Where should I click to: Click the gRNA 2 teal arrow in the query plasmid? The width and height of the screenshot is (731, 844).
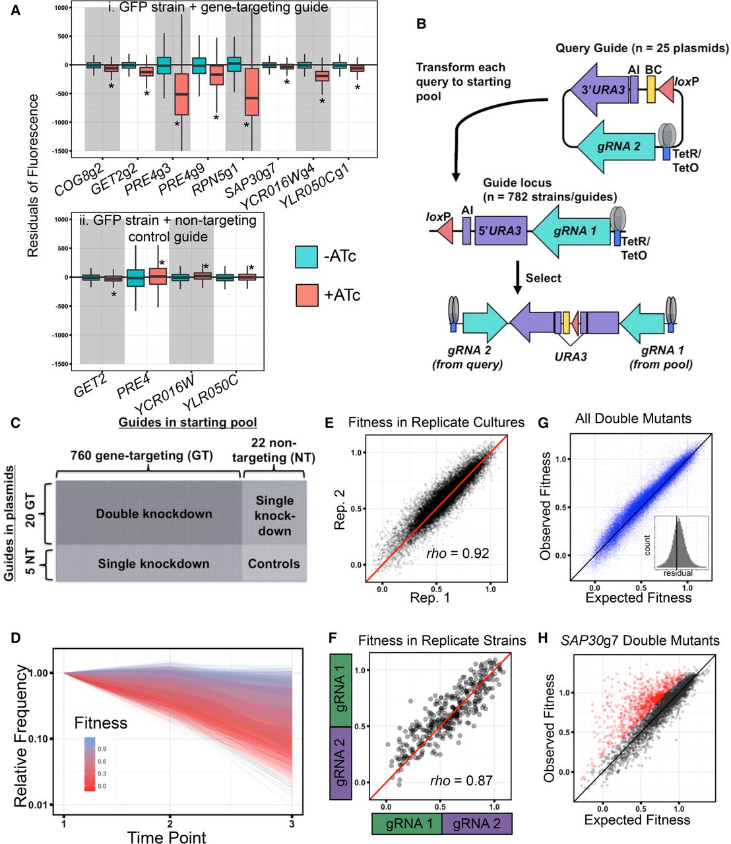pyautogui.click(x=618, y=146)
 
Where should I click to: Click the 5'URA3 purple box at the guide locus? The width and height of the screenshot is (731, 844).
pyautogui.click(x=500, y=231)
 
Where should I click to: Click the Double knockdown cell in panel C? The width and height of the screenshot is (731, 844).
pyautogui.click(x=154, y=514)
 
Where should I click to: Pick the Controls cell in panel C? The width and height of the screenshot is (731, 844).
pyautogui.click(x=274, y=564)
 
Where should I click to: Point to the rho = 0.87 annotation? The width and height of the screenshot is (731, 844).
pyautogui.click(x=461, y=780)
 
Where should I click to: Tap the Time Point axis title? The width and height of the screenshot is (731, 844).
pyautogui.click(x=166, y=837)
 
